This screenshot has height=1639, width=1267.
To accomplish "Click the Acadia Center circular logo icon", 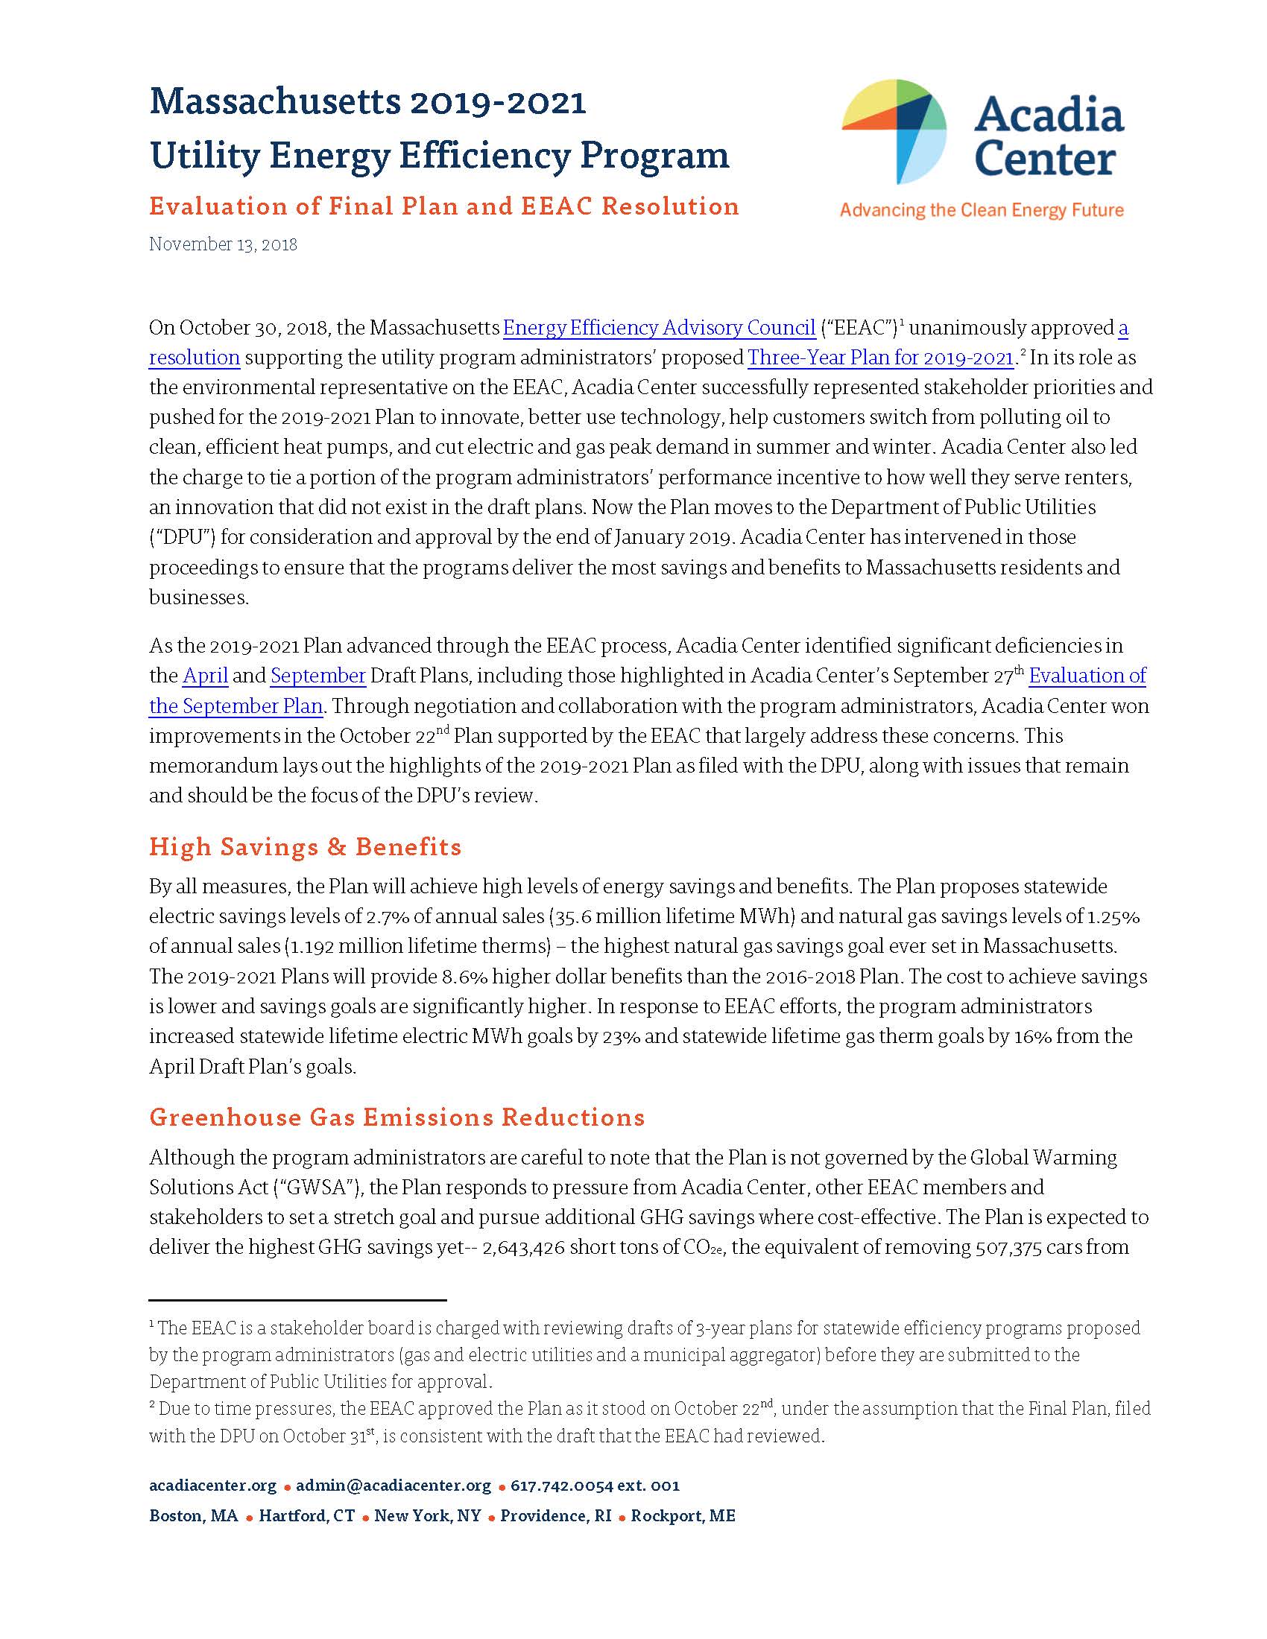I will (x=893, y=132).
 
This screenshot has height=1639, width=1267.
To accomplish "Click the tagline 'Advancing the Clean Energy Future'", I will (x=981, y=210).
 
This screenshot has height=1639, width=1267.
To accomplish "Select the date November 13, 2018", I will (x=223, y=244).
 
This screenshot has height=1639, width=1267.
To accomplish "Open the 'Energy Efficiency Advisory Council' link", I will (x=659, y=328).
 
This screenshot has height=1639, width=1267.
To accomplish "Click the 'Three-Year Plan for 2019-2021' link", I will (x=880, y=358).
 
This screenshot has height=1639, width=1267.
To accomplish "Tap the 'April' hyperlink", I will (x=205, y=676).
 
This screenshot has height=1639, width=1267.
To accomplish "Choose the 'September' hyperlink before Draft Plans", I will (x=318, y=676).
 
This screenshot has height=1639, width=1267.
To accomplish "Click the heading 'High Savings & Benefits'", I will (x=305, y=846).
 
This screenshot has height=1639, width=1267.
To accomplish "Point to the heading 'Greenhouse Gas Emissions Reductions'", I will (x=397, y=1117).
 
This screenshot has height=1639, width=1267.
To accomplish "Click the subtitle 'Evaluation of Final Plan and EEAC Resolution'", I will (x=443, y=206).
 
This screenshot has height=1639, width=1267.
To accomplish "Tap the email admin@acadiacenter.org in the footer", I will (x=394, y=1485).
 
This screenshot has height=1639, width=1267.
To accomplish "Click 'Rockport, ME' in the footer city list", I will (x=683, y=1515).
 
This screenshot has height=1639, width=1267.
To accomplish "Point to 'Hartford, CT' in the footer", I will (x=307, y=1515).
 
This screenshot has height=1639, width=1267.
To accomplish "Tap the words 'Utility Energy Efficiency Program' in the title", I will (x=439, y=156).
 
